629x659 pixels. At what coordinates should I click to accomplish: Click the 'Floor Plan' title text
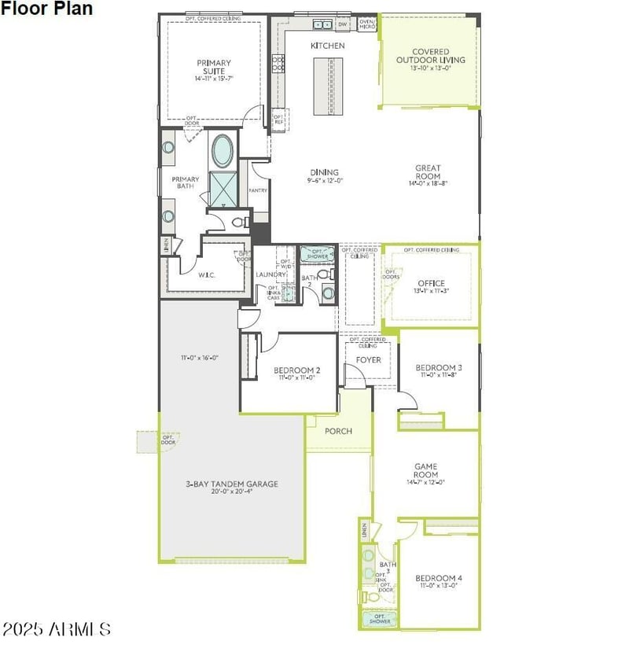click(46, 9)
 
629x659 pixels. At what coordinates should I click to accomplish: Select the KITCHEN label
click(327, 46)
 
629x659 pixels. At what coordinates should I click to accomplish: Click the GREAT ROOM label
click(428, 172)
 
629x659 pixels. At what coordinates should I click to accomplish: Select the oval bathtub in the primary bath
click(223, 149)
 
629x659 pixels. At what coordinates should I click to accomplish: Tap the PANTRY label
click(258, 190)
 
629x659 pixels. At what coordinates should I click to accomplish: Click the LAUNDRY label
click(270, 274)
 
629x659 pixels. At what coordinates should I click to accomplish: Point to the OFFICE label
click(431, 283)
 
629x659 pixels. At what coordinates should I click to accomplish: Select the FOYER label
click(368, 360)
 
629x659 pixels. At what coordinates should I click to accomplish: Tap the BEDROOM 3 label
click(438, 368)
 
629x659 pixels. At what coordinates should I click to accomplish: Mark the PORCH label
click(338, 431)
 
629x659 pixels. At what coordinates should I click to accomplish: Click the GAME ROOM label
click(425, 470)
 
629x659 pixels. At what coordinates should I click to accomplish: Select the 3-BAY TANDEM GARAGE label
click(232, 484)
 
